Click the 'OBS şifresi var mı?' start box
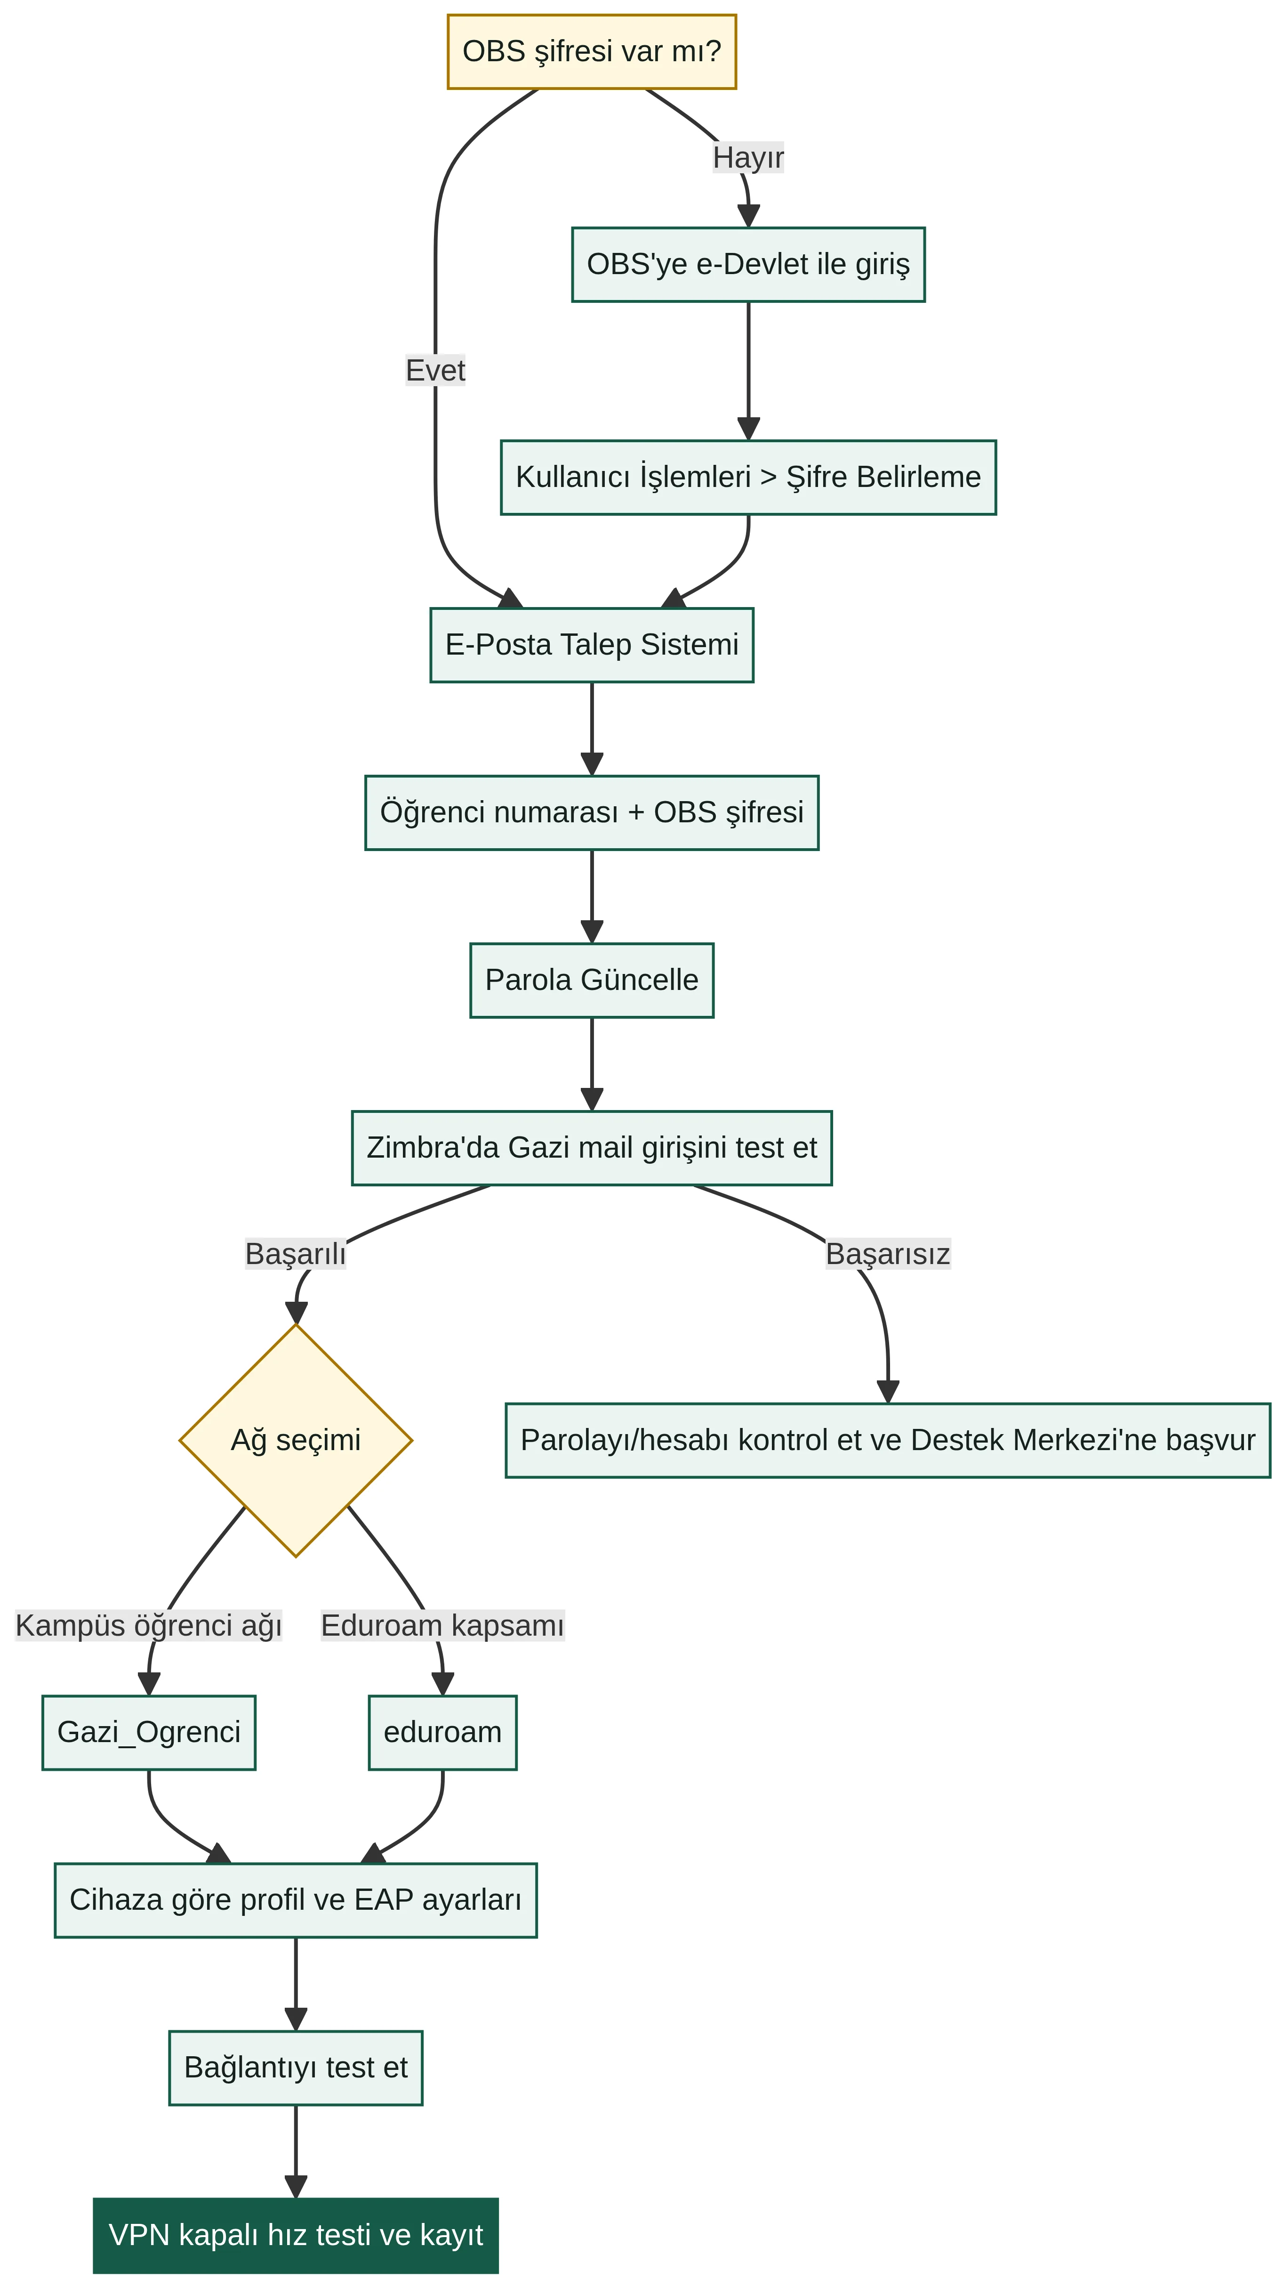592,51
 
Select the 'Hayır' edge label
748,157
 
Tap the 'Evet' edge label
435,370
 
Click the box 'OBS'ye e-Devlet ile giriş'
748,265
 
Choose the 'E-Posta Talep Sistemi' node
592,645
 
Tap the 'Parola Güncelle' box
592,980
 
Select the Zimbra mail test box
592,1148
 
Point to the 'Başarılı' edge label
296,1254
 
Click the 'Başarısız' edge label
887,1254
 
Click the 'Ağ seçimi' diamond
296,1440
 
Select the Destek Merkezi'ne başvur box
887,1440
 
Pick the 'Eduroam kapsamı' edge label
442,1626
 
